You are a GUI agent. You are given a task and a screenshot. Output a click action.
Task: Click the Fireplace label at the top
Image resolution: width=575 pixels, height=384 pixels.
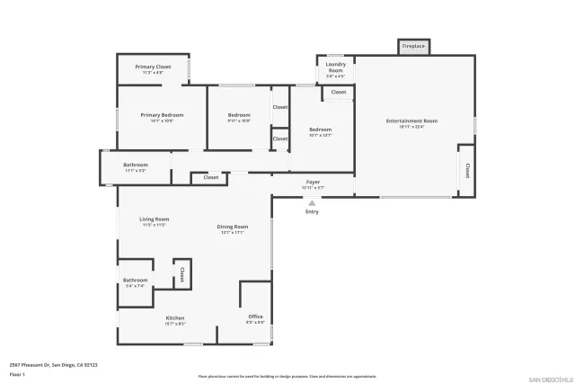point(413,46)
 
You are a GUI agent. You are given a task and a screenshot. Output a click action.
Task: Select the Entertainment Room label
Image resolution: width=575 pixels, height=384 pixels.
point(411,121)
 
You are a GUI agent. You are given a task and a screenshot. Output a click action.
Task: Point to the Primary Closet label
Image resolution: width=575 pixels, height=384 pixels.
point(153,67)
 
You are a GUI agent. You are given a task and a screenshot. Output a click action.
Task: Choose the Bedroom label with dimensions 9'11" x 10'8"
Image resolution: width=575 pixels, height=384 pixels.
point(239,115)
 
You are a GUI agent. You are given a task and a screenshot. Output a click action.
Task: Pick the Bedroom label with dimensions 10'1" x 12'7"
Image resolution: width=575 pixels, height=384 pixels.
point(320,129)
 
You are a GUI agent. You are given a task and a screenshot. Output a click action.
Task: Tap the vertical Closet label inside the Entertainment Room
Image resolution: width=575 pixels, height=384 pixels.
point(466,170)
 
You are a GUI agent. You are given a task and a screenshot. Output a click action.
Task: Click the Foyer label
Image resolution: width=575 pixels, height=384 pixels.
point(313,183)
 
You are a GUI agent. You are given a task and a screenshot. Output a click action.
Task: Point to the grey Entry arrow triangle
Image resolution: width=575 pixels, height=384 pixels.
point(312,202)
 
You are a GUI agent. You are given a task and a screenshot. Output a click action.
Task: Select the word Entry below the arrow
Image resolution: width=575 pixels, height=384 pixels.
point(312,211)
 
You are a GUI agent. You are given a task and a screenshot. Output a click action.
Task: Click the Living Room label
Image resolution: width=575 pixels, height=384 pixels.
point(155,219)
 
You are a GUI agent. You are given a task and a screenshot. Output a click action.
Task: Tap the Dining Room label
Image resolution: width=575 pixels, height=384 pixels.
point(233,227)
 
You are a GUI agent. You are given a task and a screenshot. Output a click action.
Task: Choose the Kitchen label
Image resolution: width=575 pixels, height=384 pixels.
point(174,318)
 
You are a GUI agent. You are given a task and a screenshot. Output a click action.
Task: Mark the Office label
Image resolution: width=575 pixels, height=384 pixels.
point(255,317)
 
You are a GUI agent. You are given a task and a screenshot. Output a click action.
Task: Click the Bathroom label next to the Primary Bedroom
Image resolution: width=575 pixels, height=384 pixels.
point(136,165)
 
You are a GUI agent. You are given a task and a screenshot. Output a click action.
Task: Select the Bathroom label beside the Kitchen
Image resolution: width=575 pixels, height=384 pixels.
point(135,281)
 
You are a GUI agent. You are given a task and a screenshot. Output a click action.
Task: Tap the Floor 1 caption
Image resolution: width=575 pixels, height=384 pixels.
point(17,372)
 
